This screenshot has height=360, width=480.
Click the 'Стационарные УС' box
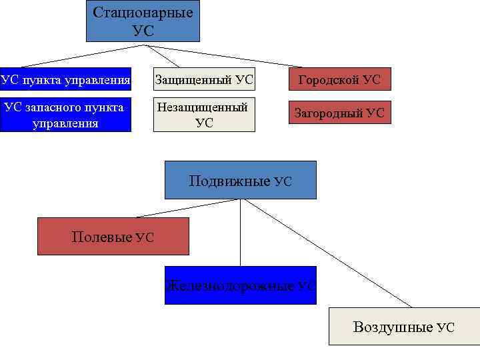pyautogui.click(x=143, y=21)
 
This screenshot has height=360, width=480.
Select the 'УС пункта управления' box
pyautogui.click(x=65, y=81)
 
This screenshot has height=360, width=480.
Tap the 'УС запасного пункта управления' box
pyautogui.click(x=65, y=115)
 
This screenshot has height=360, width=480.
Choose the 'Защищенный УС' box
pyautogui.click(x=204, y=81)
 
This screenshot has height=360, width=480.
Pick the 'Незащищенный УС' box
pyautogui.click(x=204, y=115)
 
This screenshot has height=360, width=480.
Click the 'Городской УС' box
pyautogui.click(x=339, y=80)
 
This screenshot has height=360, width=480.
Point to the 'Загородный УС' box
pyautogui.click(x=339, y=113)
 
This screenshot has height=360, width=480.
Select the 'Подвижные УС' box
pyautogui.click(x=240, y=180)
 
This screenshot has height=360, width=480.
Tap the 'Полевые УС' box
pyautogui.click(x=113, y=236)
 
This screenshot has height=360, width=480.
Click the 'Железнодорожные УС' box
pyautogui.click(x=240, y=285)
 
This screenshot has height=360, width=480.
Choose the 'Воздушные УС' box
pyautogui.click(x=404, y=326)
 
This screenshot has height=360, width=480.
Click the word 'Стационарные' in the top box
pyautogui.click(x=143, y=13)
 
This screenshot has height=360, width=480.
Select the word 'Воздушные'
pyautogui.click(x=393, y=327)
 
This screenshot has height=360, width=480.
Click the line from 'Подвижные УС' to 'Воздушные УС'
pyautogui.click(x=327, y=253)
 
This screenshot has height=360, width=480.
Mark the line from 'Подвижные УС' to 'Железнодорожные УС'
pyautogui.click(x=241, y=233)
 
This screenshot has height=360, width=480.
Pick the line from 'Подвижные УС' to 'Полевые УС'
pyautogui.click(x=190, y=208)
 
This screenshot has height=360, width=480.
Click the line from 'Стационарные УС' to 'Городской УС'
pyautogui.click(x=220, y=56)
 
